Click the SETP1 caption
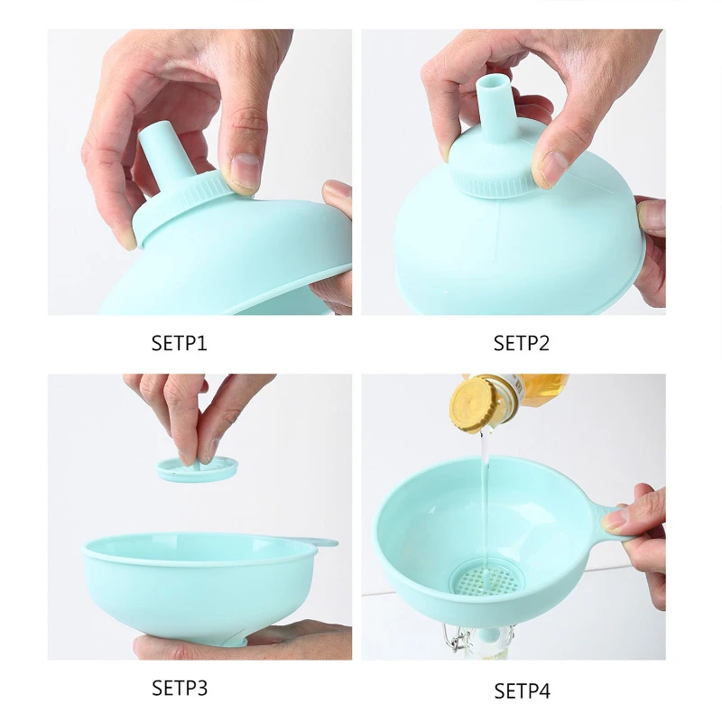179,344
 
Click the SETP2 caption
522,344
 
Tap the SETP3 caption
180,688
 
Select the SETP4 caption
523,690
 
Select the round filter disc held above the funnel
198,468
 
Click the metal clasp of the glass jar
458,638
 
